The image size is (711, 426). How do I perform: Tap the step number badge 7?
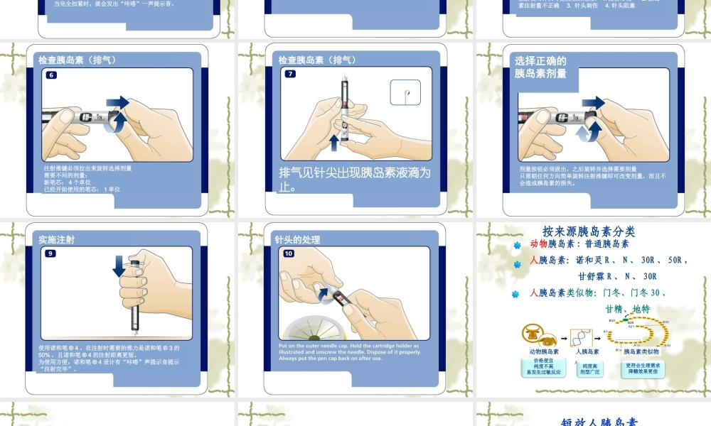(x=290, y=75)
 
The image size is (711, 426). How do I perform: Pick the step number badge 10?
(x=289, y=253)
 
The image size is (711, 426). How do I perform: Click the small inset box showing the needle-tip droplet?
(x=405, y=93)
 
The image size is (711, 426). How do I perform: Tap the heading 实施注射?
(x=57, y=240)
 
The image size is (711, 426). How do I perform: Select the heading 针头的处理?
(x=298, y=240)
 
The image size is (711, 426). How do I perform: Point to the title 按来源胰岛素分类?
(x=589, y=231)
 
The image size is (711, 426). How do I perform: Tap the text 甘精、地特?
(x=627, y=309)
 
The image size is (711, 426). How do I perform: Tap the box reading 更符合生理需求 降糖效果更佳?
(x=643, y=368)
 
